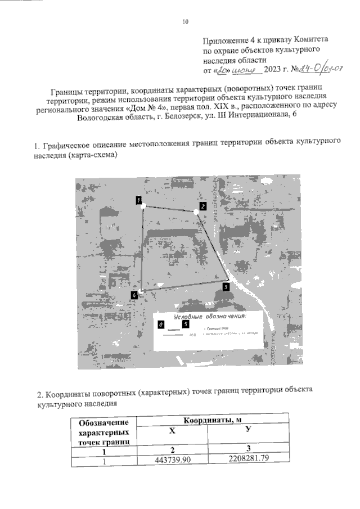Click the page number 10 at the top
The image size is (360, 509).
[185, 22]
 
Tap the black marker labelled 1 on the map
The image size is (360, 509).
[138, 200]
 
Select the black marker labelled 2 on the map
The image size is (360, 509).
[202, 206]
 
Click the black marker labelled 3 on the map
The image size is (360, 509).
[225, 287]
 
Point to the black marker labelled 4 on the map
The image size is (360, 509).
[134, 295]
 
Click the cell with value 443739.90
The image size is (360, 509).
[173, 461]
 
